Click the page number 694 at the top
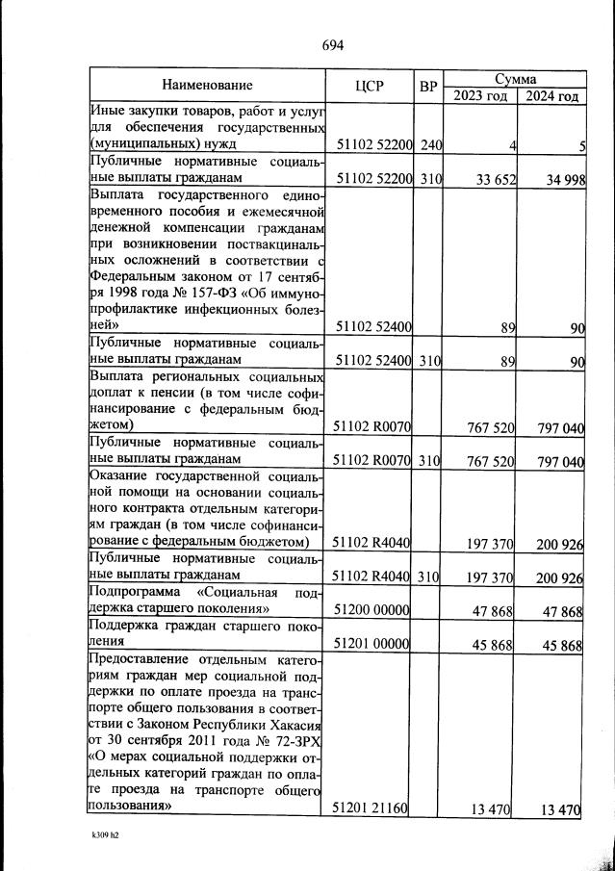pos(332,45)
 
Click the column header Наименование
pos(207,85)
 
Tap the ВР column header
pos(428,85)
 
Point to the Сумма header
pos(515,77)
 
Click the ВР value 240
pos(430,145)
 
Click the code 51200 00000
pos(372,610)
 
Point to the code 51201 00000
pos(372,644)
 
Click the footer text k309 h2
pos(101,836)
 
